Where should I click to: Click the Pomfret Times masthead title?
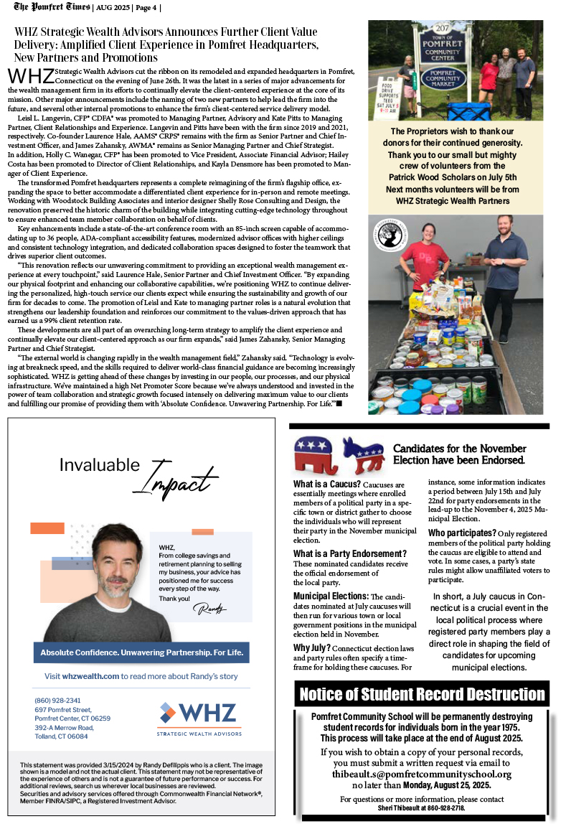pyautogui.click(x=51, y=7)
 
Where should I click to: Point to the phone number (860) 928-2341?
pyautogui.click(x=57, y=700)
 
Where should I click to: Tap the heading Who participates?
pyautogui.click(x=462, y=533)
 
